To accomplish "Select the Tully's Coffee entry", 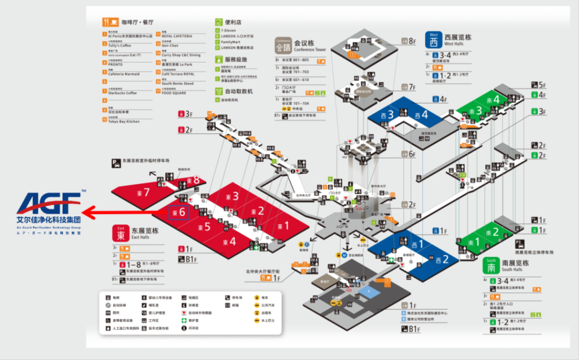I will click(119, 45).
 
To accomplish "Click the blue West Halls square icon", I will click(434, 40).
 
